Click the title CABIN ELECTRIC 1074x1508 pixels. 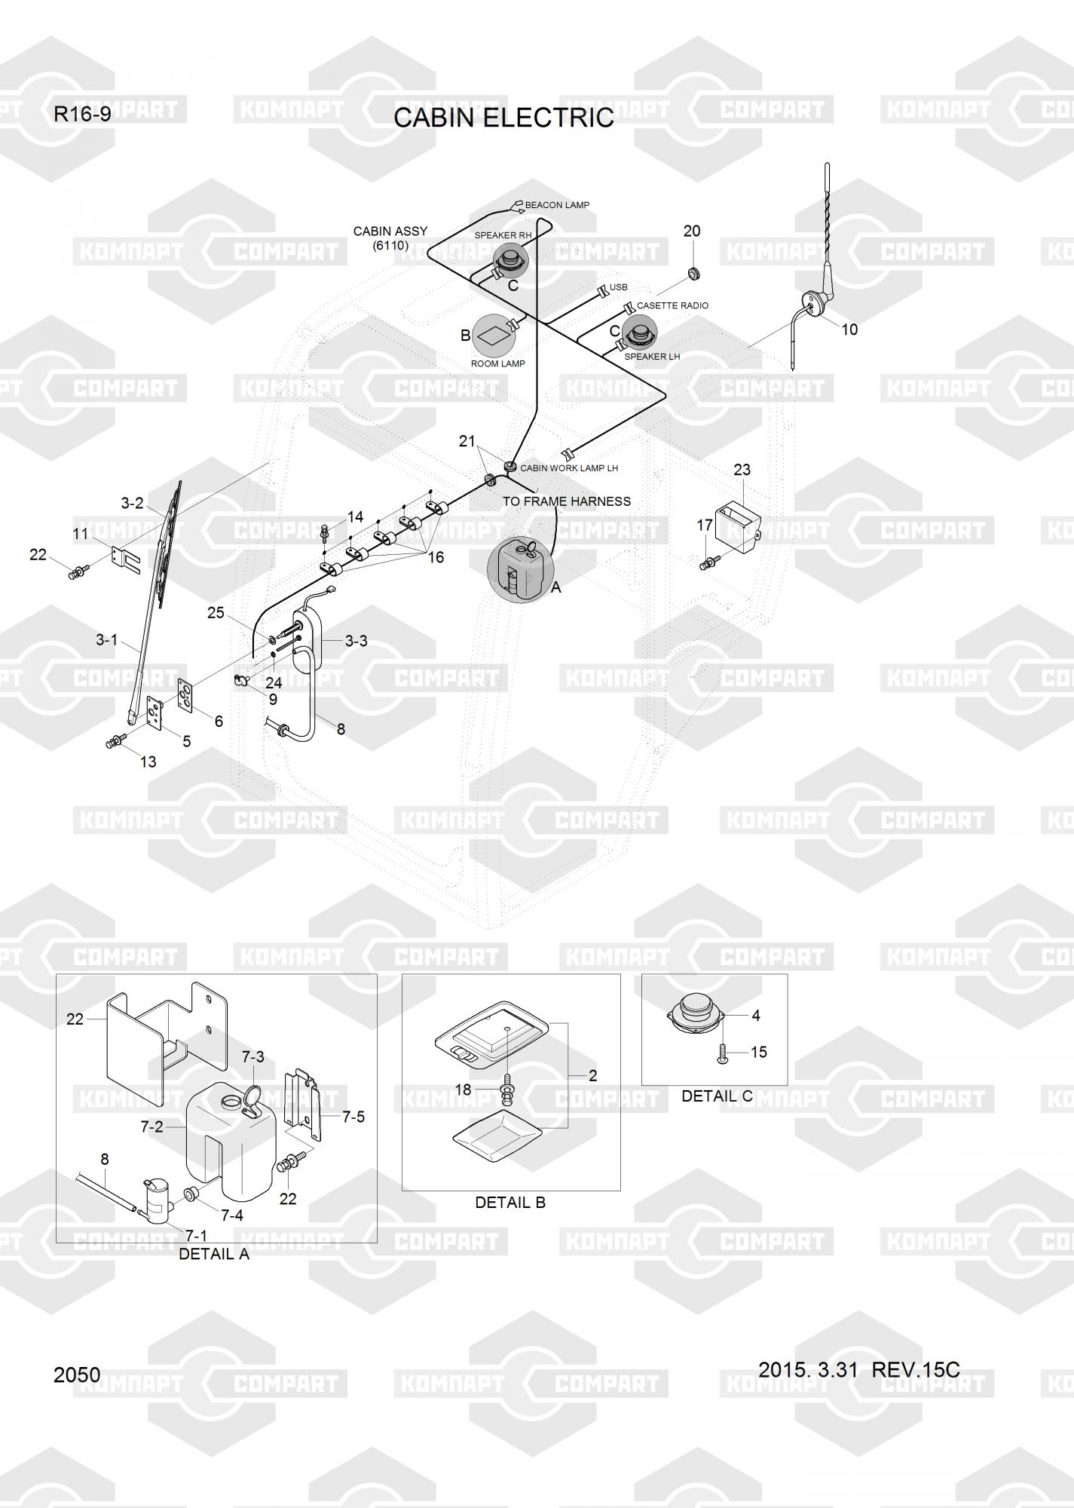503,118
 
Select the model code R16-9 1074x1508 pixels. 82,115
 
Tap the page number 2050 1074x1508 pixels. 77,1375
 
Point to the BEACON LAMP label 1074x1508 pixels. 556,205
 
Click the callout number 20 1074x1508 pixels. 691,231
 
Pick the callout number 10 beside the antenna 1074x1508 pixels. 849,329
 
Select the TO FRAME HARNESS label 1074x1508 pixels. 566,501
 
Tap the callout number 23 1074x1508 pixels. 742,470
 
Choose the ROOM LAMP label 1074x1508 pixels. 497,363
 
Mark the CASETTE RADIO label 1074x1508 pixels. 672,305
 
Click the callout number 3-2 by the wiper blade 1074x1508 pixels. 132,503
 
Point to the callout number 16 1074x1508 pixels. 436,557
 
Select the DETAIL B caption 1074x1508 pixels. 509,1203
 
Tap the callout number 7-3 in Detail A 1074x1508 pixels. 252,1057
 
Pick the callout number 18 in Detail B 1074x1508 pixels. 463,1090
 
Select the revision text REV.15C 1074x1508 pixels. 915,1369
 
